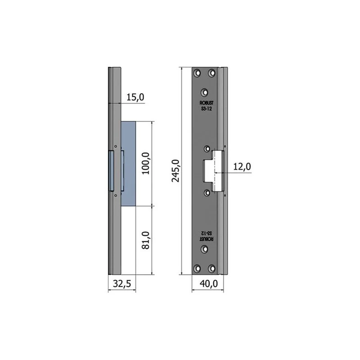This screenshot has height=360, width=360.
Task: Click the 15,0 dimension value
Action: pyautogui.click(x=135, y=97)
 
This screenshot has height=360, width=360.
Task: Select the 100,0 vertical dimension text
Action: pyautogui.click(x=145, y=163)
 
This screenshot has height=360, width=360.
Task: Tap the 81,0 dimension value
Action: pyautogui.click(x=145, y=240)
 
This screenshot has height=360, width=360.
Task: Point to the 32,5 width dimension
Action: pyautogui.click(x=122, y=284)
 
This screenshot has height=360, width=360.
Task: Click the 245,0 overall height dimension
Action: pyautogui.click(x=175, y=171)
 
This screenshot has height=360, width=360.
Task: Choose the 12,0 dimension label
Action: pyautogui.click(x=242, y=166)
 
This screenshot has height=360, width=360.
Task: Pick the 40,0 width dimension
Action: pyautogui.click(x=209, y=284)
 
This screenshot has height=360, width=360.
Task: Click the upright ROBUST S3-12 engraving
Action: pyautogui.click(x=207, y=106)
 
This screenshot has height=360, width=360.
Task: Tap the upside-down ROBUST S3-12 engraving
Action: pyautogui.click(x=207, y=236)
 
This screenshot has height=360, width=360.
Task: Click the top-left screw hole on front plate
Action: pyautogui.click(x=197, y=73)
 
